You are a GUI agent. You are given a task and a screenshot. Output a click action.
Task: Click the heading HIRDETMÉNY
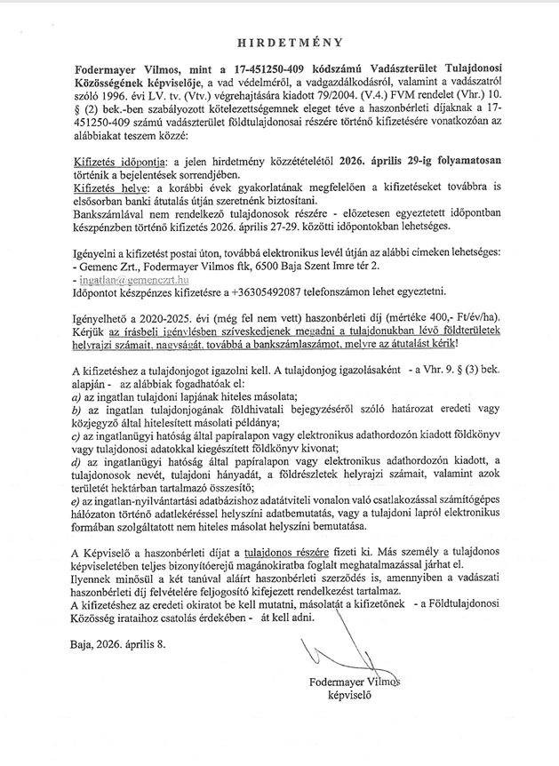(279, 42)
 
